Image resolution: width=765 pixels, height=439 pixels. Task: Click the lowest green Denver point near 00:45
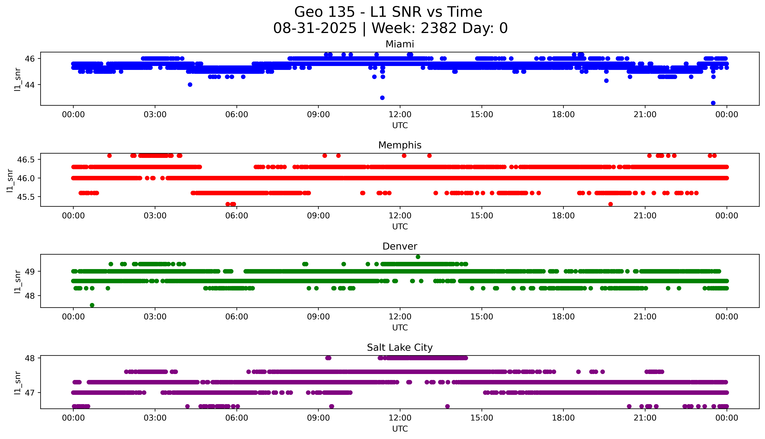pos(92,305)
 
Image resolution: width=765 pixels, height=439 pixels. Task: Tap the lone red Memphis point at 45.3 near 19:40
pos(611,204)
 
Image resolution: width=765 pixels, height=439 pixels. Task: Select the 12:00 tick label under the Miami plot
pos(400,115)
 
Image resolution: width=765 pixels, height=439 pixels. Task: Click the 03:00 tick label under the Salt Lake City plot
pos(155,418)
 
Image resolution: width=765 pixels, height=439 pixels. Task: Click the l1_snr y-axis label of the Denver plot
pos(18,281)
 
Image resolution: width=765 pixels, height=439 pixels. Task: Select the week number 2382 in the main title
pos(439,28)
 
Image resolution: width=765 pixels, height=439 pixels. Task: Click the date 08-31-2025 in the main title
pos(315,28)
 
